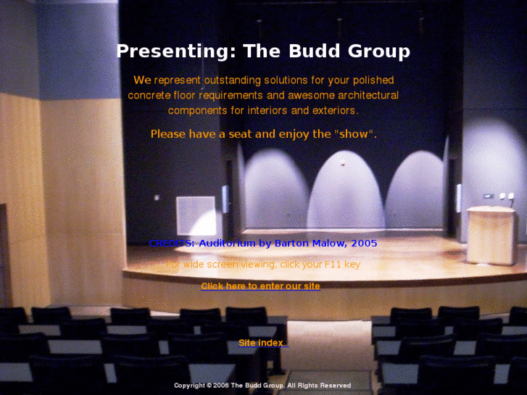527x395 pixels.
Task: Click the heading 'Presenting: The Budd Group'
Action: click(263, 51)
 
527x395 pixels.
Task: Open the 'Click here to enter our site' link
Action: click(260, 286)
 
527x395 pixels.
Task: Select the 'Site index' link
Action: click(262, 343)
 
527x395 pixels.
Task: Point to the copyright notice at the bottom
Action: click(262, 386)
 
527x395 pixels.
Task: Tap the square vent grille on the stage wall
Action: click(196, 215)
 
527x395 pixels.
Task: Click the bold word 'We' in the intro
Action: click(142, 80)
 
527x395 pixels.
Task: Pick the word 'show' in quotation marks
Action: click(354, 134)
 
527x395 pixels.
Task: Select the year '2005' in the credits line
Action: click(363, 244)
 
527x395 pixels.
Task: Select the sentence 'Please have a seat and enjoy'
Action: click(239, 134)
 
